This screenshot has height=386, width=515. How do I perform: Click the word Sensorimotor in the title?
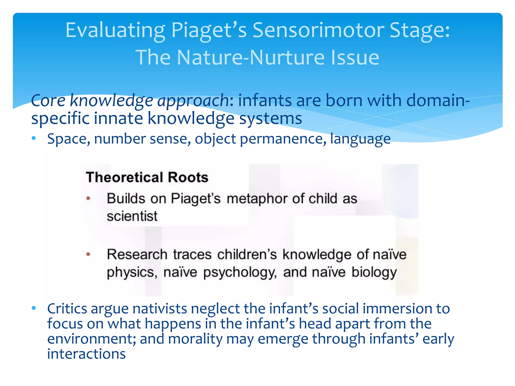coord(318,30)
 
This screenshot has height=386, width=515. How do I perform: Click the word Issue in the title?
coord(355,57)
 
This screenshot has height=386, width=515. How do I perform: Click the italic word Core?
coord(48,101)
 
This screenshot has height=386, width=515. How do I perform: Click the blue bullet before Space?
coord(34,138)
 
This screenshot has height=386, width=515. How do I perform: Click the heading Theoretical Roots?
coord(147,177)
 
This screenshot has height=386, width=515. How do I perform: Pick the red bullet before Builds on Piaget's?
coord(88,198)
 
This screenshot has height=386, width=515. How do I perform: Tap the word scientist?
coord(132,216)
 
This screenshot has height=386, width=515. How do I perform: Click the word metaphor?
coord(257,199)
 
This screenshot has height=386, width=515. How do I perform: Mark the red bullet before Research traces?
coord(88,254)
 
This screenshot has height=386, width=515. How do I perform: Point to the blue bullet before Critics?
coord(34,308)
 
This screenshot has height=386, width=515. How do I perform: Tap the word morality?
coord(195,339)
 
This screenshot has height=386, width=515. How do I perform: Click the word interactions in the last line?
coord(86,354)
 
